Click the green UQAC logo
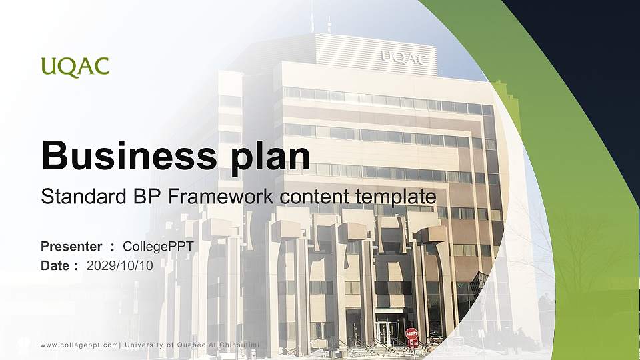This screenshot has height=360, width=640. tap(75, 67)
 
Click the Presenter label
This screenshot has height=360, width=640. tap(71, 247)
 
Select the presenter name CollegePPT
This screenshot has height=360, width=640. tap(163, 247)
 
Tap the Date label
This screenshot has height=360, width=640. tap(55, 265)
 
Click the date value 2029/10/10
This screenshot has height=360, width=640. tap(120, 265)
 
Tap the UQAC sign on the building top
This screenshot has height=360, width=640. tap(403, 58)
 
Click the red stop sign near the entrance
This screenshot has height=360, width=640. tap(411, 333)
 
